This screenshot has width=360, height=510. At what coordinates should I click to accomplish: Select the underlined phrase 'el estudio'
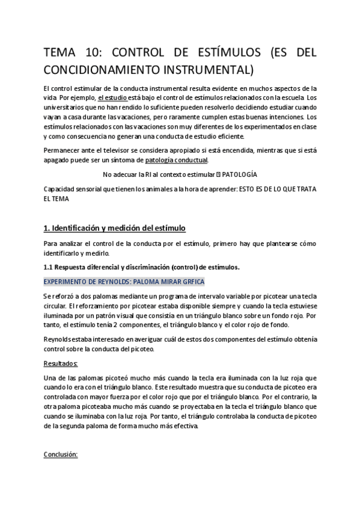click(112, 97)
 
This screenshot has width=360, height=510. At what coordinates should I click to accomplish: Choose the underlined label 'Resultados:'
click(61, 364)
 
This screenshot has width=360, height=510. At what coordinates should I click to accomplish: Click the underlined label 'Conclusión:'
click(61, 455)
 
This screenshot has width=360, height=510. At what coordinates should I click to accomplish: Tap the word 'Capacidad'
click(61, 189)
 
